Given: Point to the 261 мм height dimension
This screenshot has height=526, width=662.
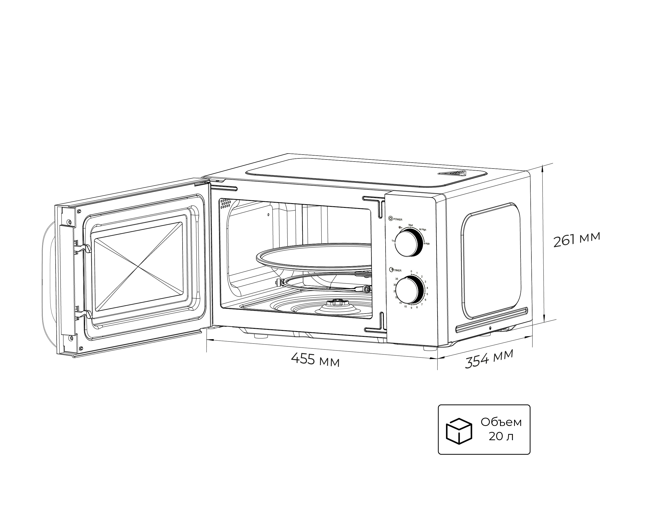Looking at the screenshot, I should (x=576, y=239).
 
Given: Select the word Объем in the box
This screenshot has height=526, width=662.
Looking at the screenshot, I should (x=501, y=422).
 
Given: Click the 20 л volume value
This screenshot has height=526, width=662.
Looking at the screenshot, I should (x=501, y=436).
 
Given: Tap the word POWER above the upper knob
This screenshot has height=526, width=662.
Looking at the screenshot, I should (x=398, y=219).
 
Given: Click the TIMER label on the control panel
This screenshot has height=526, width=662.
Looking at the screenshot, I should (x=398, y=270).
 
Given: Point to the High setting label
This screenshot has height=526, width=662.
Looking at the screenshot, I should (x=427, y=244).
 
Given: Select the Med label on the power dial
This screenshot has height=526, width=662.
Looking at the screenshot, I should (x=411, y=225).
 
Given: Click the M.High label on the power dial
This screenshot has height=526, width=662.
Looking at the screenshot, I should (x=423, y=230).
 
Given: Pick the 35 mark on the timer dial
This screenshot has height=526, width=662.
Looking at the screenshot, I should (x=397, y=279).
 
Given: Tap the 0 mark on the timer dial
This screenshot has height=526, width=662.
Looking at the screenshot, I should (x=411, y=271).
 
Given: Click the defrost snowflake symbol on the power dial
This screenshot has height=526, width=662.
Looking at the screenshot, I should (x=400, y=228).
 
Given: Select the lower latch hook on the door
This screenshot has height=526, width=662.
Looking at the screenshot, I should (x=84, y=314).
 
